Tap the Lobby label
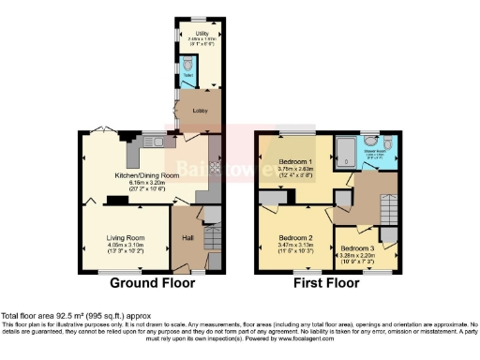200,110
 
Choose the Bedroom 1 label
297,162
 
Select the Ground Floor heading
153,283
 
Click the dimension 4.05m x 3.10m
124,250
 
